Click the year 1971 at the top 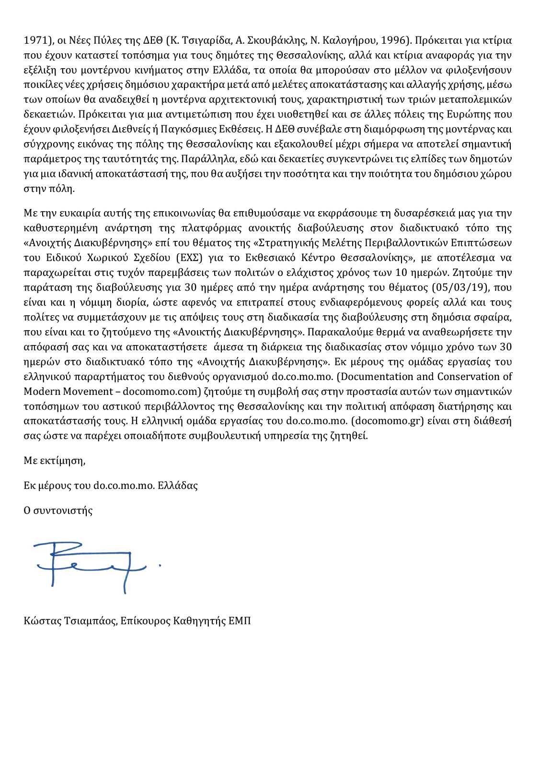(x=35, y=40)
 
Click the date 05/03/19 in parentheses (x=459, y=288)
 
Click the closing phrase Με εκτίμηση (x=54, y=461)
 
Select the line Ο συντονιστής (x=58, y=511)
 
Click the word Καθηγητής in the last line (x=199, y=621)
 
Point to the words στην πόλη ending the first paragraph (x=49, y=189)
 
